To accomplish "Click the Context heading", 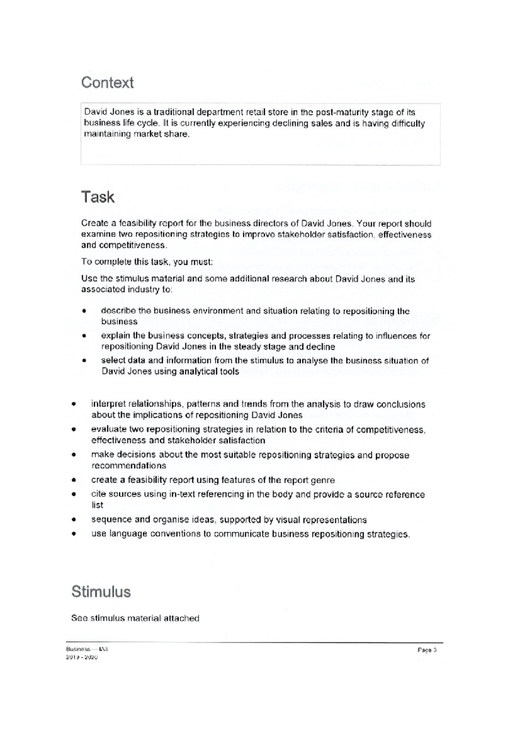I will (x=107, y=82).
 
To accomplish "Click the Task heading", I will (x=97, y=197).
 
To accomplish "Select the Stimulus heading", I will (x=101, y=592).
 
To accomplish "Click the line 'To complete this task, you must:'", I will (x=147, y=262).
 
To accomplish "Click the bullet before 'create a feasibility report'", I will (x=74, y=480).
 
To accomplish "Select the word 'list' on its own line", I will (x=97, y=505).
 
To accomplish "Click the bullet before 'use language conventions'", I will (x=74, y=534).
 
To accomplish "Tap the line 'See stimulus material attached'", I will (x=135, y=619).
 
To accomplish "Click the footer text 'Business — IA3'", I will (x=84, y=649).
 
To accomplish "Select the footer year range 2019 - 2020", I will (x=82, y=657).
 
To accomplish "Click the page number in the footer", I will (x=427, y=650).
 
